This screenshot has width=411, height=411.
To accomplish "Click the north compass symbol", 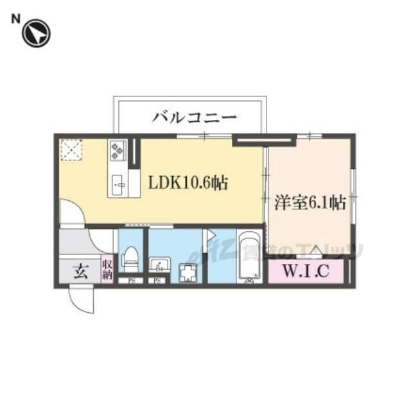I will click(36, 33).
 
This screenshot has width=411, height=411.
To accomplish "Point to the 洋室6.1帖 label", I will click(310, 203).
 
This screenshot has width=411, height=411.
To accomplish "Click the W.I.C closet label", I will click(306, 272).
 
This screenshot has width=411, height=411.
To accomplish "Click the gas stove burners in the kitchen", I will click(118, 152).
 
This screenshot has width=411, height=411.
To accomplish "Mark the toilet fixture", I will click(131, 257).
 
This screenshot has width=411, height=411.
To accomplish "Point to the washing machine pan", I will click(189, 274).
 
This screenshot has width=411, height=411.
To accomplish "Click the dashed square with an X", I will click(69, 150).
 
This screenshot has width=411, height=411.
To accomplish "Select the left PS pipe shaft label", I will click(131, 281).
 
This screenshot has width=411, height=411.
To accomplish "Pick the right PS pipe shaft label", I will click(157, 281).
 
